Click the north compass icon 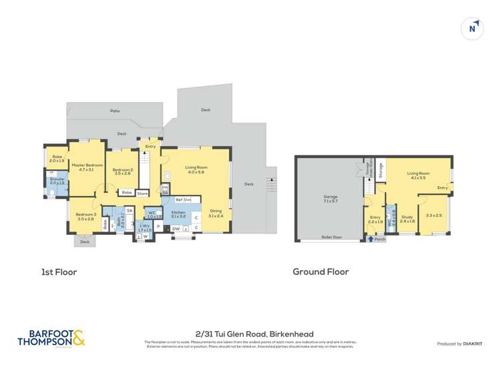[x=472, y=29]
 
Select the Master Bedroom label [x=87, y=167]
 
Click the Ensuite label [x=57, y=181]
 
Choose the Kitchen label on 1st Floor [x=178, y=214]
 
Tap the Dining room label [x=215, y=213]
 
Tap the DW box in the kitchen [x=175, y=228]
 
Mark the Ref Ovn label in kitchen [x=183, y=200]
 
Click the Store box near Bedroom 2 [x=142, y=194]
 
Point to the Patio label [x=115, y=111]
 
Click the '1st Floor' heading [x=58, y=272]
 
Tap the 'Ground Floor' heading [x=321, y=272]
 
